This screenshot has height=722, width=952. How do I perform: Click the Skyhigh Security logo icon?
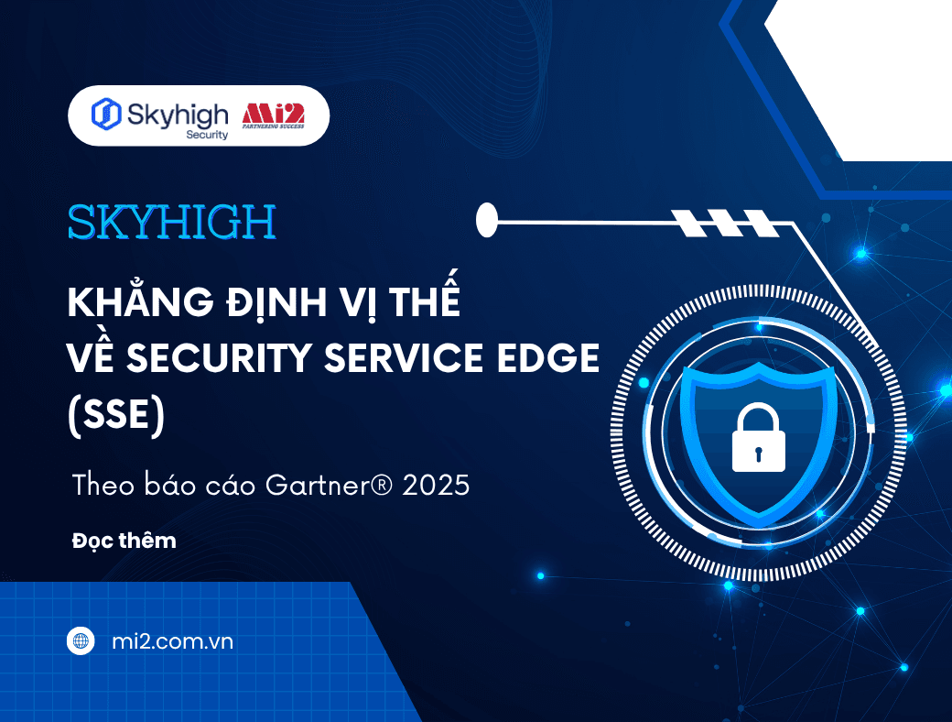pyautogui.click(x=106, y=114)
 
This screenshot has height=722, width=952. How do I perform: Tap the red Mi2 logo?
pyautogui.click(x=273, y=115)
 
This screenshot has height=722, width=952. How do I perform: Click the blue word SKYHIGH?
pyautogui.click(x=171, y=223)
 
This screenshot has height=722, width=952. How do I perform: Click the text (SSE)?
pyautogui.click(x=116, y=416)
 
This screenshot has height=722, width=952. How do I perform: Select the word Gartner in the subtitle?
pyautogui.click(x=312, y=485)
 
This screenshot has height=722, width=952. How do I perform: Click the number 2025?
pyautogui.click(x=435, y=485)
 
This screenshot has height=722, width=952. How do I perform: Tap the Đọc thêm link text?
pyautogui.click(x=124, y=541)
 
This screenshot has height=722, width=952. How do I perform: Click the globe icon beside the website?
pyautogui.click(x=81, y=641)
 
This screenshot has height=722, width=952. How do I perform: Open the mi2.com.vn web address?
pyautogui.click(x=170, y=641)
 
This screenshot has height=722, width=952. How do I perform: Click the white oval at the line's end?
pyautogui.click(x=487, y=218)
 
